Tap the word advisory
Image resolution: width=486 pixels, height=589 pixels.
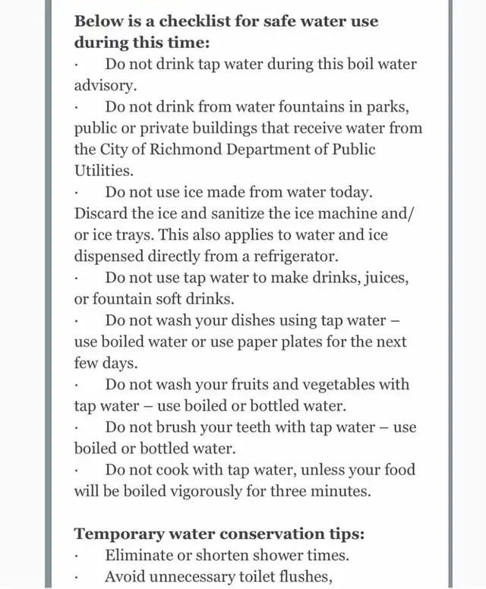click(99, 85)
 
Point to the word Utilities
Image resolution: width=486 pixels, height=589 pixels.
click(103, 171)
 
